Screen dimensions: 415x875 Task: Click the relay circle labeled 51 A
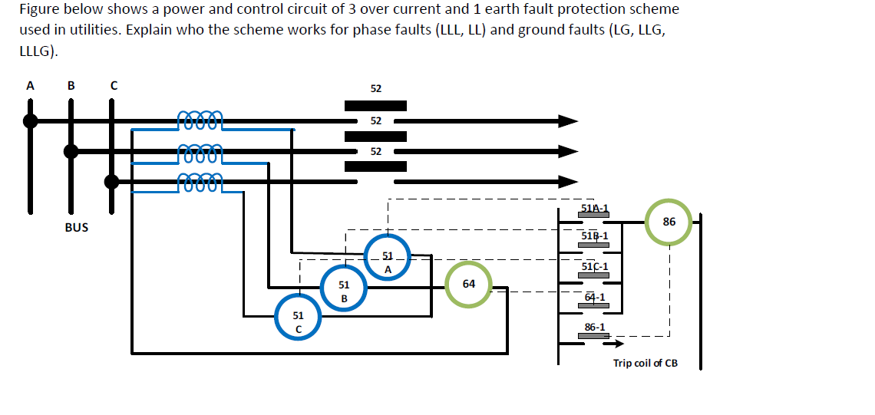[388, 262]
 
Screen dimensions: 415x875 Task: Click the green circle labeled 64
[468, 284]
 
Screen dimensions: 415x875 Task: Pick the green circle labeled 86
[669, 222]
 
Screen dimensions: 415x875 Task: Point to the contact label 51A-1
[594, 208]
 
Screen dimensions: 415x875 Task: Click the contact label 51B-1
[595, 235]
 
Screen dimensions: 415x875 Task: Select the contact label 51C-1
[595, 266]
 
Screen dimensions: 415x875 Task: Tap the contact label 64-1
[595, 297]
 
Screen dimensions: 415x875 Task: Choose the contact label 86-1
[594, 327]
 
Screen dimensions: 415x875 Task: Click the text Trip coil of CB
[645, 363]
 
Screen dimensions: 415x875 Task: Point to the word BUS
[76, 227]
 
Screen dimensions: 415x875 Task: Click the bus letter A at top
[30, 86]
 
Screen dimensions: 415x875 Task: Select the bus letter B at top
[71, 86]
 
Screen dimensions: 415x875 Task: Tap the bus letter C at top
[112, 86]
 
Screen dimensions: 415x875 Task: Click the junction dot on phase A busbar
[31, 120]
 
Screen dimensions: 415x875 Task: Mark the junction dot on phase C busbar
[112, 181]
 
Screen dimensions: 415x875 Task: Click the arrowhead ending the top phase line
[568, 120]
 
